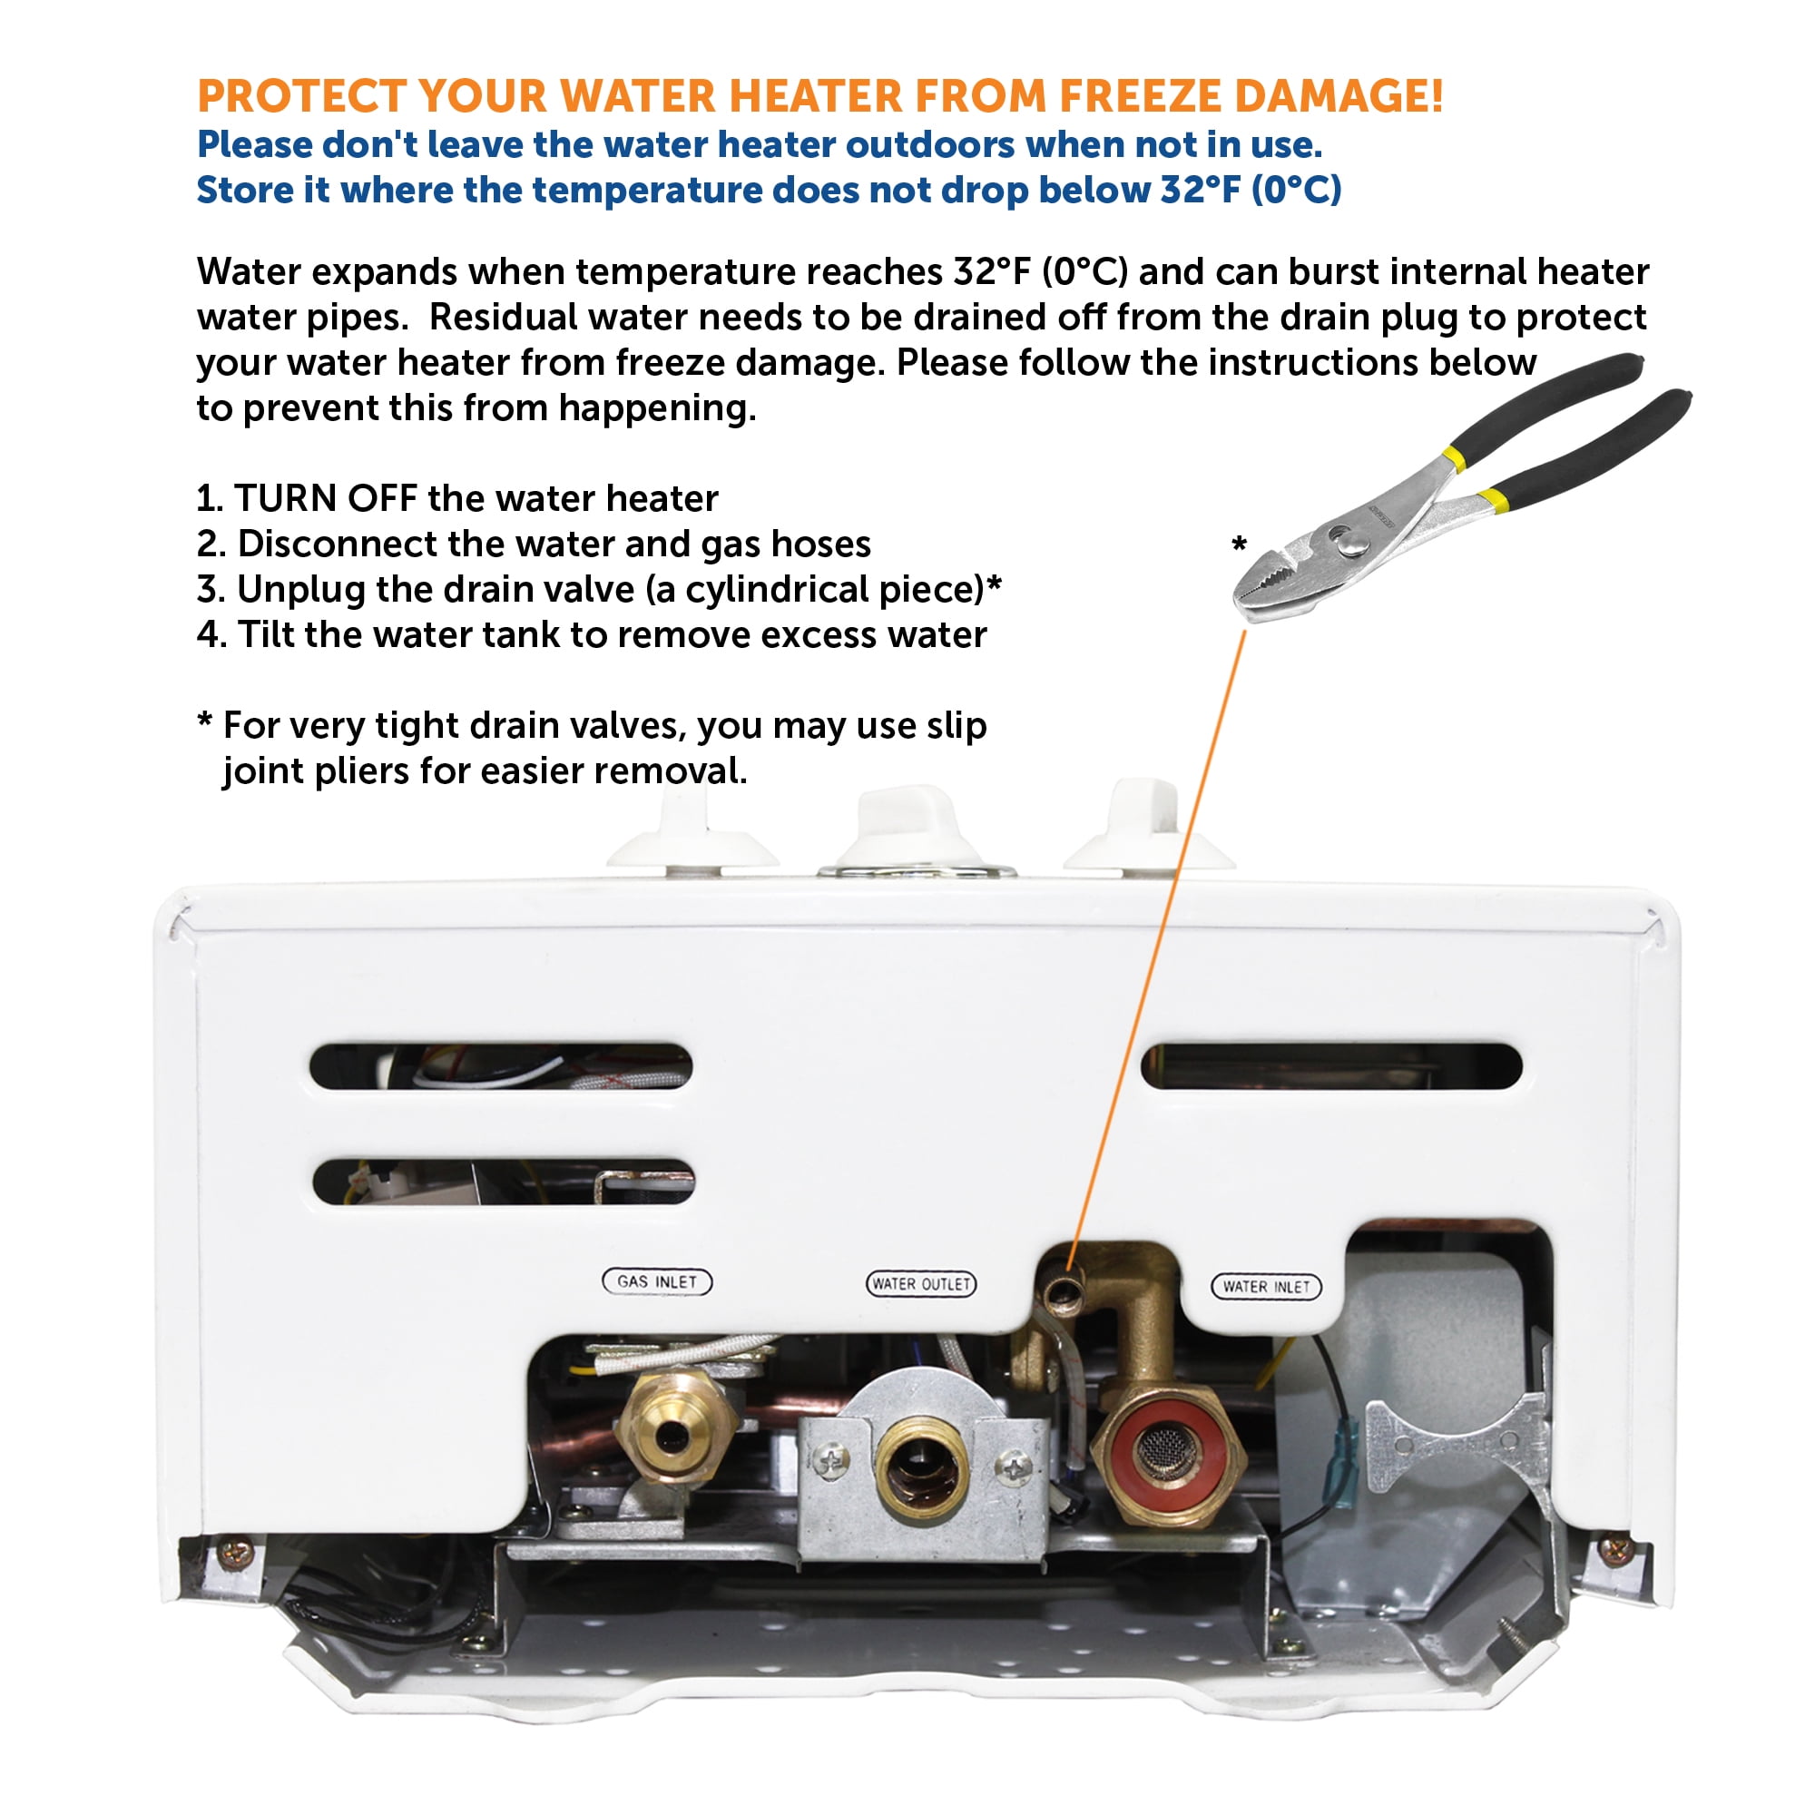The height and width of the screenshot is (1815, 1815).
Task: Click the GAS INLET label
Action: coord(657,1281)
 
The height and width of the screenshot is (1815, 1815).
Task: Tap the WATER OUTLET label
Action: coord(920,1283)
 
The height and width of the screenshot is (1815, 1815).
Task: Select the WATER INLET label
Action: coord(1265,1286)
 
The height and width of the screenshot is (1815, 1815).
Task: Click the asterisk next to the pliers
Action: coord(1239,544)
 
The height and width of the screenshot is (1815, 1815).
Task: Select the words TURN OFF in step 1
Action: coord(325,498)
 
